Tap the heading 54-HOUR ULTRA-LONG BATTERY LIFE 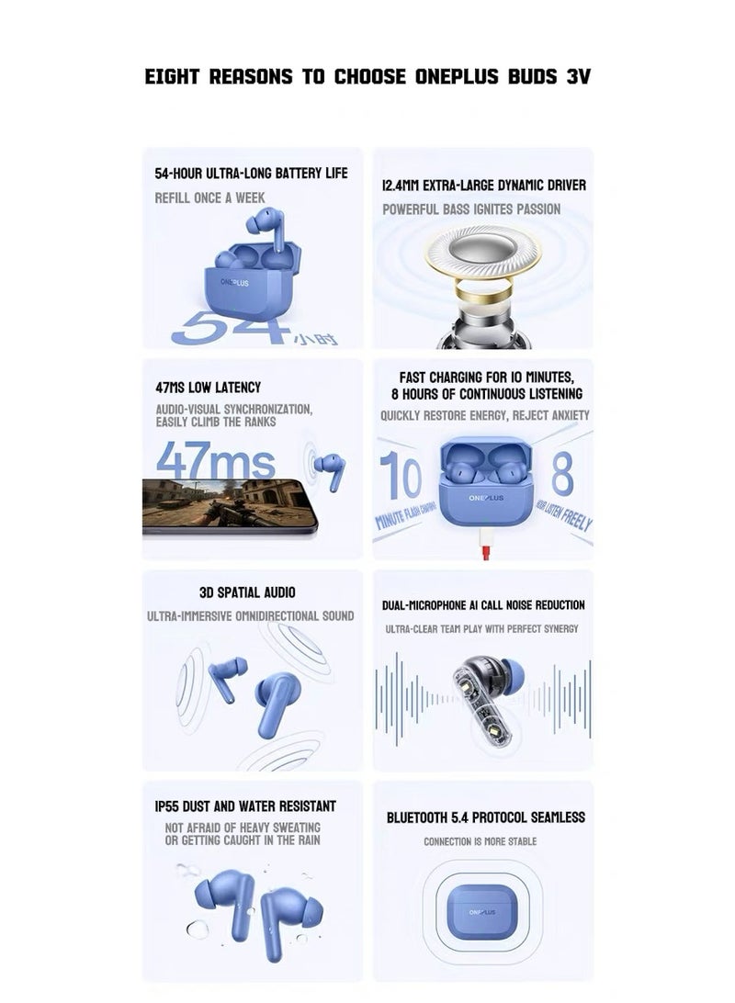252,174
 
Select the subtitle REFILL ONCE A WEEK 209,198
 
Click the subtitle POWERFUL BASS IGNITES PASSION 471,209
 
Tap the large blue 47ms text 216,460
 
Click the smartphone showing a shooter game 229,506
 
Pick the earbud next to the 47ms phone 332,470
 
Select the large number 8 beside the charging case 562,473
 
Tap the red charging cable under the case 485,547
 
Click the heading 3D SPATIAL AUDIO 247,592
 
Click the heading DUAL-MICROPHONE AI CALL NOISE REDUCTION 483,605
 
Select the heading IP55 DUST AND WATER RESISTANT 245,806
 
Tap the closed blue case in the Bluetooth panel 481,912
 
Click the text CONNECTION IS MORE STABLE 481,841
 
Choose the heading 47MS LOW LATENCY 209,388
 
